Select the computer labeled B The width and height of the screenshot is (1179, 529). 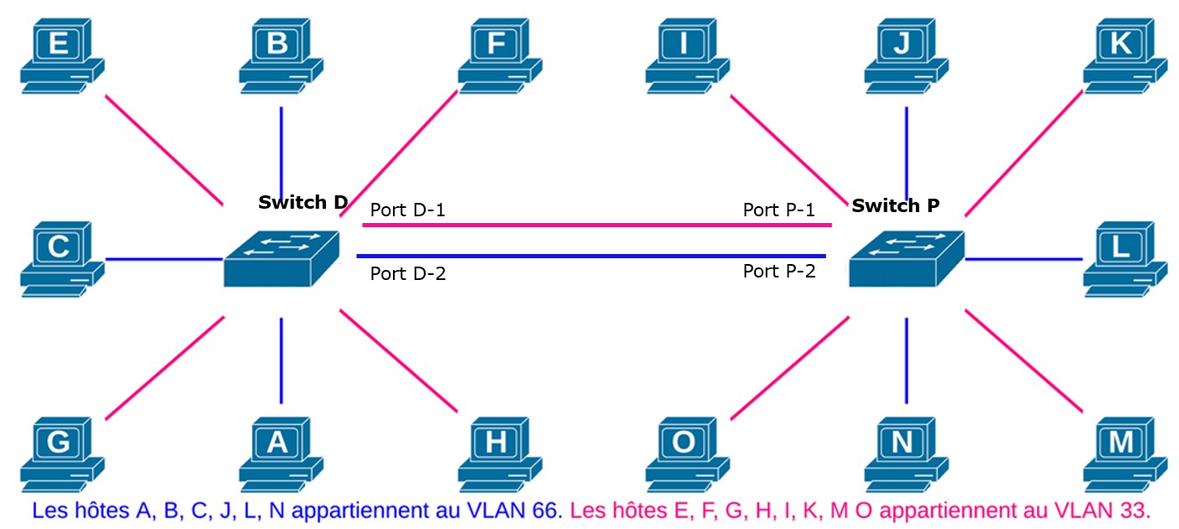pos(280,54)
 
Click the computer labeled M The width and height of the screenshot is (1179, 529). pos(1124,453)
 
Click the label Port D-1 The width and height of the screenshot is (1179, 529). pos(407,210)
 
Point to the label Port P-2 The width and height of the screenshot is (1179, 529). pos(779,272)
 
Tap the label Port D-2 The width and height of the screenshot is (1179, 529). pos(408,273)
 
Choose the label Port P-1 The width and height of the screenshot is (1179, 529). pos(779,210)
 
